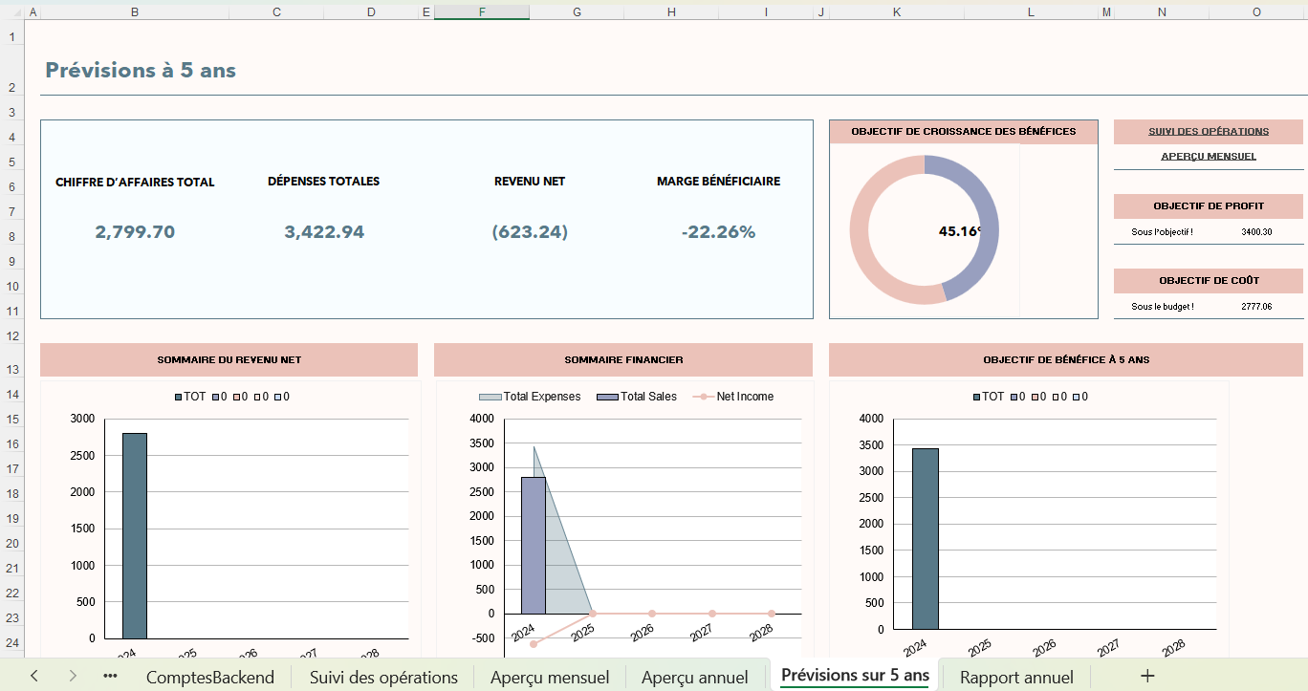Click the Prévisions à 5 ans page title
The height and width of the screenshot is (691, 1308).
[x=141, y=71]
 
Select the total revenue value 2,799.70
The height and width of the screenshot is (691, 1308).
[x=135, y=232]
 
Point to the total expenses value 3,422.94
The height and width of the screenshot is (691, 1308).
[x=324, y=232]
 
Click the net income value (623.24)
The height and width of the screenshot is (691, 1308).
[x=530, y=232]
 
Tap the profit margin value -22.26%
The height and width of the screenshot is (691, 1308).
[x=718, y=232]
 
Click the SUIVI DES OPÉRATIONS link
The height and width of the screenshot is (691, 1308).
[x=1209, y=132]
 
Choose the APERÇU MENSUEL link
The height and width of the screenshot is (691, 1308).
[x=1209, y=157]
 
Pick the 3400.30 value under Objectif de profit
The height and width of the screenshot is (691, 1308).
[x=1256, y=232]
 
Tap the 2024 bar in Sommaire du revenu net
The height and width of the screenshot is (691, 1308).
[x=134, y=535]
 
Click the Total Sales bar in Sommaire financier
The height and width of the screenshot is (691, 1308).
[x=533, y=545]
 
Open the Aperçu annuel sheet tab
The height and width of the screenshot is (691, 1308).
[x=695, y=678]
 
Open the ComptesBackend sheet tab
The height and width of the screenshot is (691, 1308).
[x=209, y=678]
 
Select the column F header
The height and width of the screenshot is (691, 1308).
[x=481, y=11]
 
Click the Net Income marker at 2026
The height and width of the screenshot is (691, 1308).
[x=652, y=614]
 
